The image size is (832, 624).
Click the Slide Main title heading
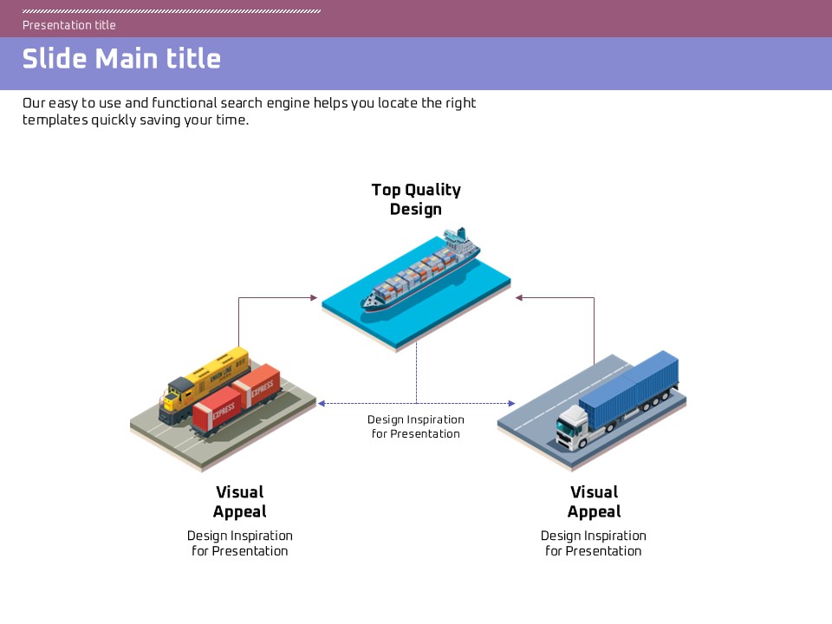pos(121,59)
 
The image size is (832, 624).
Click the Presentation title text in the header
pos(69,25)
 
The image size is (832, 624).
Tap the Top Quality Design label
pos(416,199)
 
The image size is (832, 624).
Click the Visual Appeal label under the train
pos(240,502)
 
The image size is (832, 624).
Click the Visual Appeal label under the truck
pos(595,502)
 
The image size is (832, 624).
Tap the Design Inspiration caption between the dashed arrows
pos(416,426)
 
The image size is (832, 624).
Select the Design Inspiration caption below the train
pos(240,543)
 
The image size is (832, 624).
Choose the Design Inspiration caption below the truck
pos(594,543)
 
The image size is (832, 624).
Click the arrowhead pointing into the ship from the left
pos(314,298)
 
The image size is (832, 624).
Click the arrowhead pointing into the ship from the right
pos(519,298)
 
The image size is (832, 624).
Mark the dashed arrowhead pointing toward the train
pos(321,404)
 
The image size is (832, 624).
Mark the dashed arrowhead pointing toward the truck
pos(511,404)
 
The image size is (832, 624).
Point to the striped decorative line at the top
pos(172,11)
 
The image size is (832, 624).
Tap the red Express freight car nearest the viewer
pos(216,412)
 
